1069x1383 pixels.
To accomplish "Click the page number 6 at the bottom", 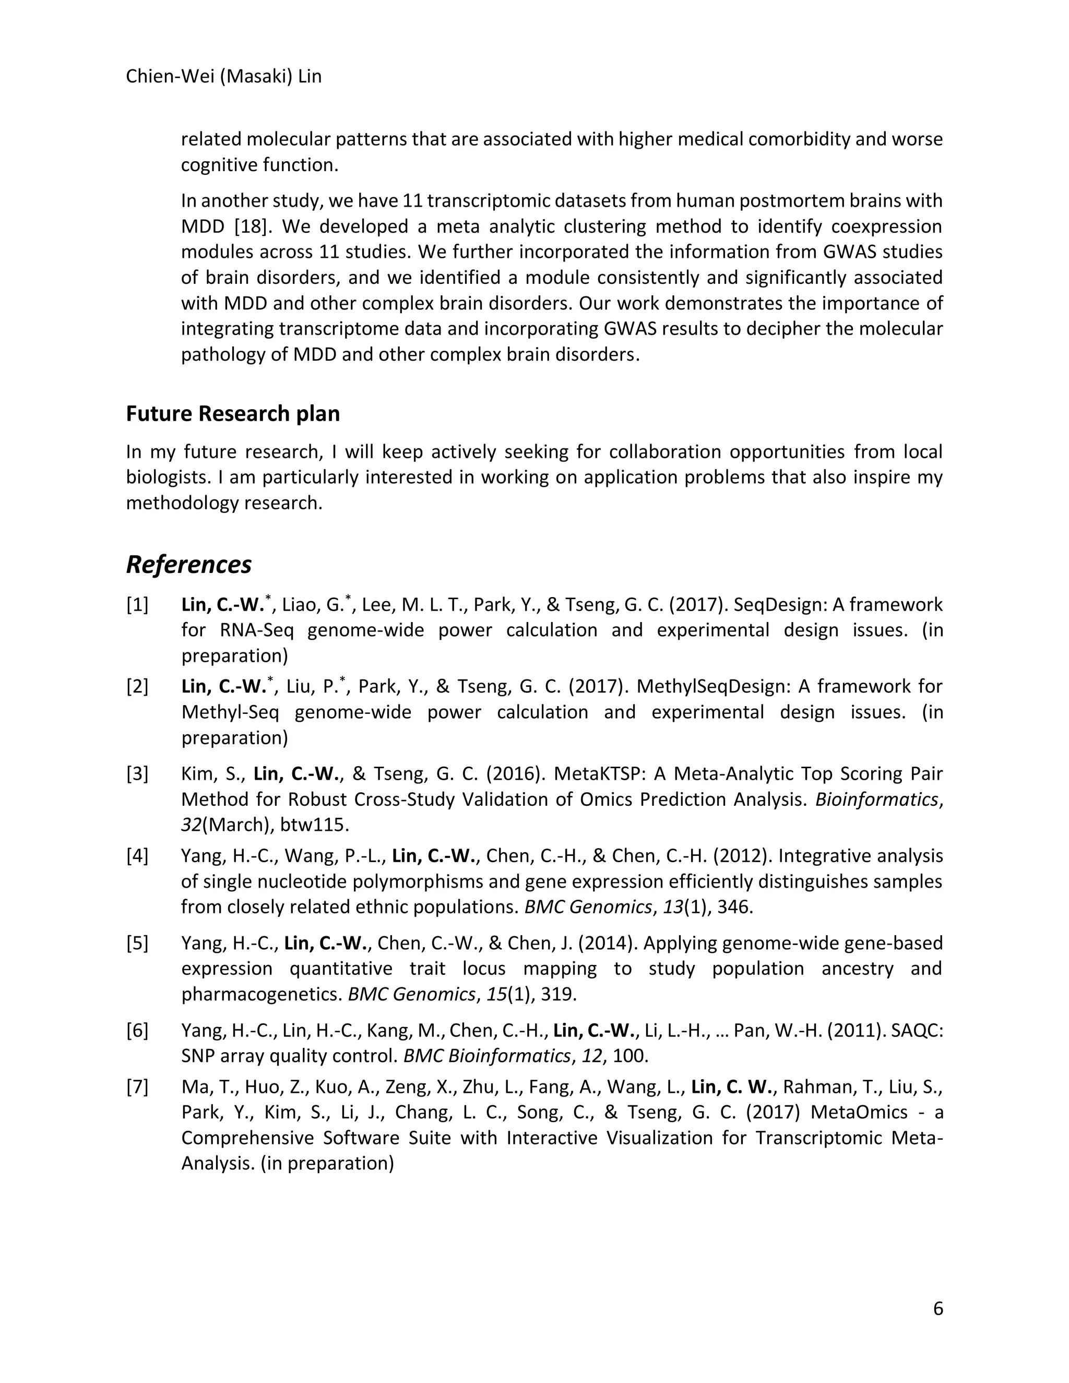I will [x=938, y=1308].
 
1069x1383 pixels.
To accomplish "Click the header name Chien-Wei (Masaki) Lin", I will [x=223, y=77].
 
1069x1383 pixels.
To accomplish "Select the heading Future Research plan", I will [x=232, y=413].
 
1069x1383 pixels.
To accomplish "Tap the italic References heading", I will [x=189, y=564].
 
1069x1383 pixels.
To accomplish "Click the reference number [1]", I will [x=137, y=605].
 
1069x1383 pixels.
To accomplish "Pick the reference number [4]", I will [x=137, y=856].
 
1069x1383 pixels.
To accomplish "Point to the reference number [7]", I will [x=137, y=1087].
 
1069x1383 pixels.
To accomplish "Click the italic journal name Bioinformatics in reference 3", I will [x=876, y=800].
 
